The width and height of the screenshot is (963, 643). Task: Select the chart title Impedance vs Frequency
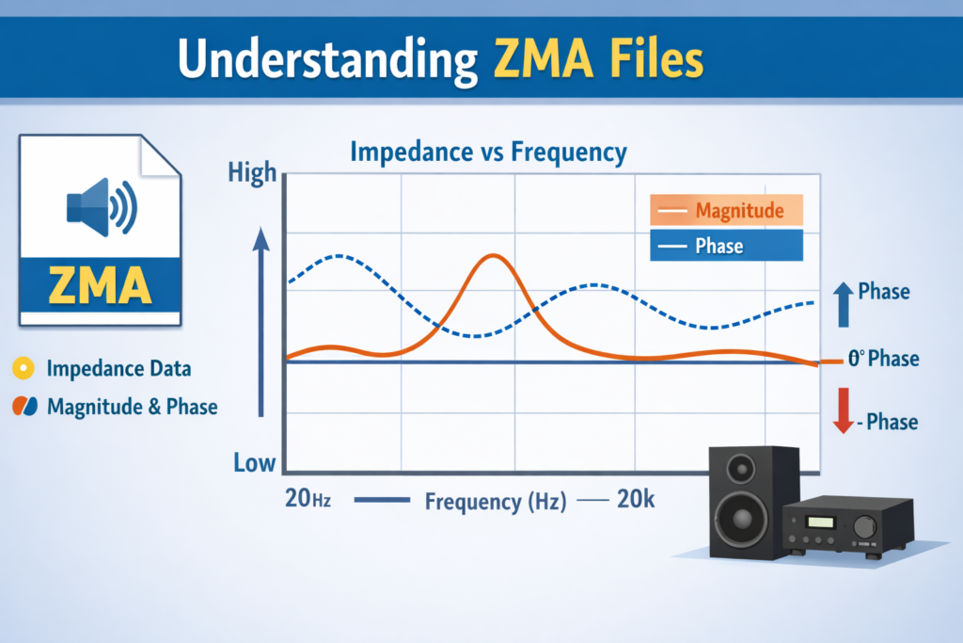[x=488, y=152]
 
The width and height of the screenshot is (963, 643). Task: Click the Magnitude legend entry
[x=726, y=210]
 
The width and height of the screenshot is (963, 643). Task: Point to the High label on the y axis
[x=252, y=172]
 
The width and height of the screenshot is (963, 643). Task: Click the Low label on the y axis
[x=255, y=462]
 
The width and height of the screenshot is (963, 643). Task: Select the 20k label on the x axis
[x=635, y=500]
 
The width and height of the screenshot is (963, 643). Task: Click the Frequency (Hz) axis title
[x=496, y=501]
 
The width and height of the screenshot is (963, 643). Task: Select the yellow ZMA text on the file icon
[x=100, y=286]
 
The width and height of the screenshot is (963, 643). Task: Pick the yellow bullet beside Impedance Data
[x=24, y=369]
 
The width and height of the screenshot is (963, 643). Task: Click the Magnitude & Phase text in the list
[x=132, y=407]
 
